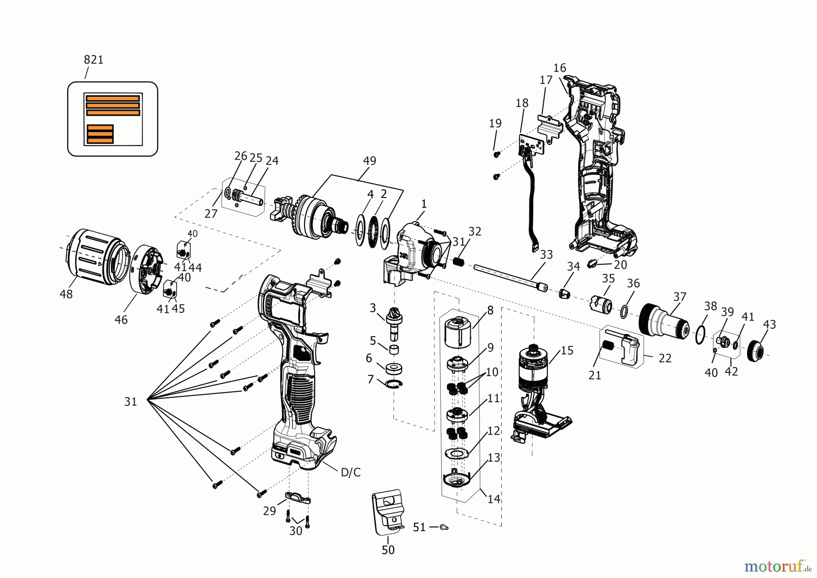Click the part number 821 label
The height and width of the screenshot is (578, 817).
pos(94,59)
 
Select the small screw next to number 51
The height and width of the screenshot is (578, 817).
pos(444,527)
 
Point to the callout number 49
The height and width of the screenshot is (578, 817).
pos(369,161)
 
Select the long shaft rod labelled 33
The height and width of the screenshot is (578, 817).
pos(508,277)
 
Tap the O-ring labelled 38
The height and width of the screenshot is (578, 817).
pos(700,335)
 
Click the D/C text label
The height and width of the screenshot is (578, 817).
pos(350,472)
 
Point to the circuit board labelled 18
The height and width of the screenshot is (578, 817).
pos(531,144)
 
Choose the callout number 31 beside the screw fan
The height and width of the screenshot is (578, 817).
pos(131,401)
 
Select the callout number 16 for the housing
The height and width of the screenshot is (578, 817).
pos(559,68)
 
